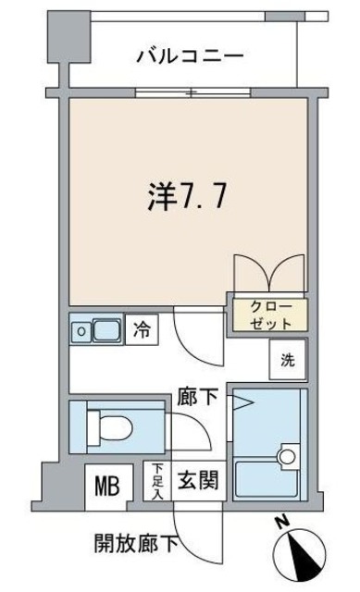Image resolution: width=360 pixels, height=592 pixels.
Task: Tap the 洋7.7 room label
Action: pos(181,197)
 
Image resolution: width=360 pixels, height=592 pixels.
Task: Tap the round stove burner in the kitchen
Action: pos(81,328)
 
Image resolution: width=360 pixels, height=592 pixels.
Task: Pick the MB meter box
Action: pos(106,485)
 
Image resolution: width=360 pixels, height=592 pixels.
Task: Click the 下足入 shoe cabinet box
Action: pos(157,482)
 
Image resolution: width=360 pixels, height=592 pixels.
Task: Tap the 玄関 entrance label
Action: pos(198,481)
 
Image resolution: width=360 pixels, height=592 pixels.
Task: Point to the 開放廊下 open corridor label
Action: pos(134,541)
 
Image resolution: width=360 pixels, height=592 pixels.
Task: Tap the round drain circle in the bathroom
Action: pos(286,456)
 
